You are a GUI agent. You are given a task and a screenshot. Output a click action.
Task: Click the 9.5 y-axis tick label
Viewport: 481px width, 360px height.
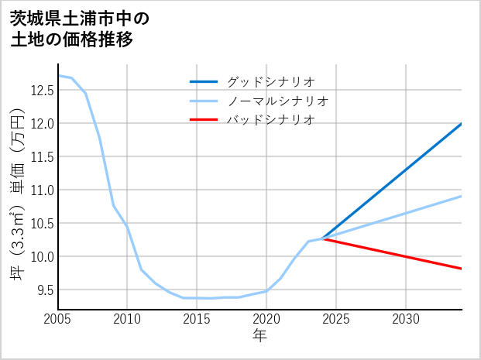(43, 290)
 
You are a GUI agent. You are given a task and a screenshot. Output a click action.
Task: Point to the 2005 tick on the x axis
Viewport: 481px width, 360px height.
(57, 319)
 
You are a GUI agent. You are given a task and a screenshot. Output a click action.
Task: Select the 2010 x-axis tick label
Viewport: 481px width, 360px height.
(127, 319)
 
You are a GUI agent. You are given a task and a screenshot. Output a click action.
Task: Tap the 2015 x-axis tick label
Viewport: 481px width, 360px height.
(197, 319)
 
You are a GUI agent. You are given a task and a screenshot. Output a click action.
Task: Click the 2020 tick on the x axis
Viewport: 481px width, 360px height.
(266, 319)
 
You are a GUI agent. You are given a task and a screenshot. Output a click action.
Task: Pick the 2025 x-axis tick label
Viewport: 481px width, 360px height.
(336, 319)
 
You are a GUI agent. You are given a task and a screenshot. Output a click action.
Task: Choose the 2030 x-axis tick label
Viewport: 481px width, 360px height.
(406, 319)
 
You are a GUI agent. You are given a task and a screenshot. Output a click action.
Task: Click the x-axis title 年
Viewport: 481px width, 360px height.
(259, 335)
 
